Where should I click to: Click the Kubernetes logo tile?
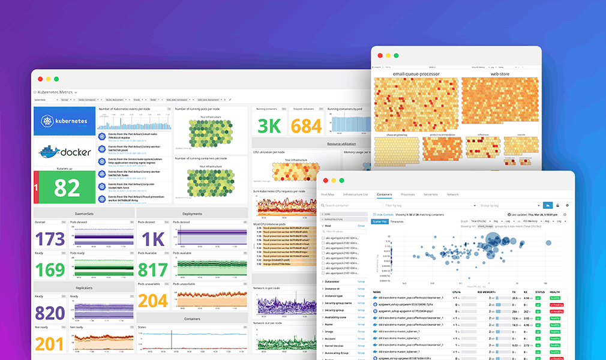tap(65, 121)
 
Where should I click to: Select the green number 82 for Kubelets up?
tap(67, 188)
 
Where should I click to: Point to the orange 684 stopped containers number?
tap(307, 125)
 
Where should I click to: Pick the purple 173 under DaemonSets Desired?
tap(50, 239)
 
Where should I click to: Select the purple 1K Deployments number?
tap(154, 239)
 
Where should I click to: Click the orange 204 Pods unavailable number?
tap(154, 300)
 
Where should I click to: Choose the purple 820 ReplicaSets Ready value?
tap(50, 313)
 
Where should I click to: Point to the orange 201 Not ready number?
tap(50, 344)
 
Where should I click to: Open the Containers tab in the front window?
tap(384, 194)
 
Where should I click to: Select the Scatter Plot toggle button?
tap(380, 221)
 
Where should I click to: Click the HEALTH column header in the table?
tap(556, 292)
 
